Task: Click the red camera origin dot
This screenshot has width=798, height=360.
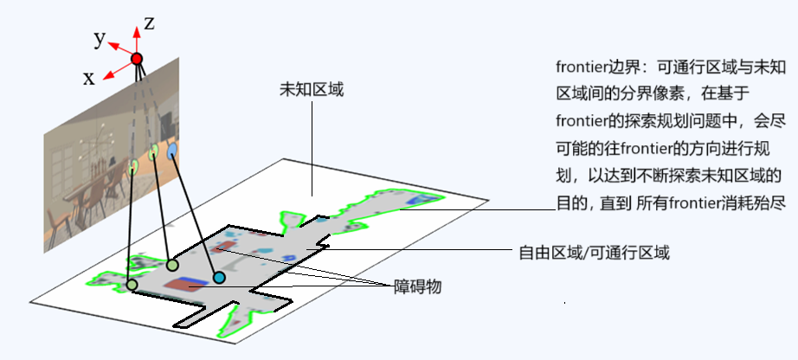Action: pyautogui.click(x=136, y=59)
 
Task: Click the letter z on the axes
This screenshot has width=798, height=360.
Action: pyautogui.click(x=149, y=24)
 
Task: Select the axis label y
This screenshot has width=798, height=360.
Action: pyautogui.click(x=100, y=38)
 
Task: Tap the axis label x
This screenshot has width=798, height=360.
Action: pyautogui.click(x=88, y=78)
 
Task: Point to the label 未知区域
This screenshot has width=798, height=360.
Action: pyautogui.click(x=312, y=89)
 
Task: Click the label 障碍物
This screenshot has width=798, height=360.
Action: pyautogui.click(x=418, y=286)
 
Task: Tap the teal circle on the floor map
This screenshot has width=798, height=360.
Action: pyautogui.click(x=220, y=277)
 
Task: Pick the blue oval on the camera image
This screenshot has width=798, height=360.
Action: pyautogui.click(x=171, y=151)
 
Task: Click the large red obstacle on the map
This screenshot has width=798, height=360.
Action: pyautogui.click(x=184, y=283)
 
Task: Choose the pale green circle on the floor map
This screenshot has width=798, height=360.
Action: pyautogui.click(x=172, y=265)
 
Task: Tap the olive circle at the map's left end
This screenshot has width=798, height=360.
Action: pyautogui.click(x=132, y=284)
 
